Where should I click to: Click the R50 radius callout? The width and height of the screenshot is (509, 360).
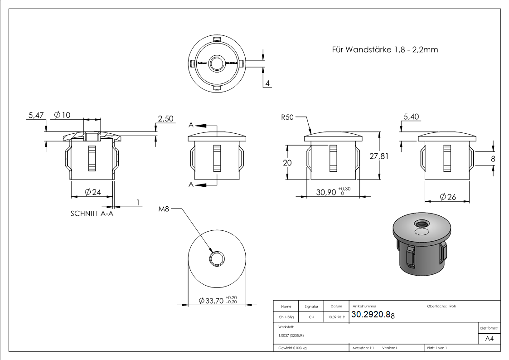pyautogui.click(x=287, y=117)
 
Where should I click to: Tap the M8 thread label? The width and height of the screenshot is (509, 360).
pyautogui.click(x=163, y=209)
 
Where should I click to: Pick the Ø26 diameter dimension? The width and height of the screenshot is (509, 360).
pyautogui.click(x=447, y=197)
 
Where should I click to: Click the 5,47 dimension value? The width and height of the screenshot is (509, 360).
pyautogui.click(x=35, y=116)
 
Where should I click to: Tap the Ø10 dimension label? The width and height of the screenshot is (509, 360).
pyautogui.click(x=62, y=115)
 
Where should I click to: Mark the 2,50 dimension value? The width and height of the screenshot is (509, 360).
pyautogui.click(x=165, y=118)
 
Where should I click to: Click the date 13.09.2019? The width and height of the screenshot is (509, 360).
pyautogui.click(x=336, y=317)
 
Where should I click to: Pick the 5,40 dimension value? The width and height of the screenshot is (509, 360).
pyautogui.click(x=411, y=117)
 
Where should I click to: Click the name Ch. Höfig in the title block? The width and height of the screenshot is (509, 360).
pyautogui.click(x=286, y=317)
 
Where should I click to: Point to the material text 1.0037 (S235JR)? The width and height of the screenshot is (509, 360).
pyautogui.click(x=292, y=335)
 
